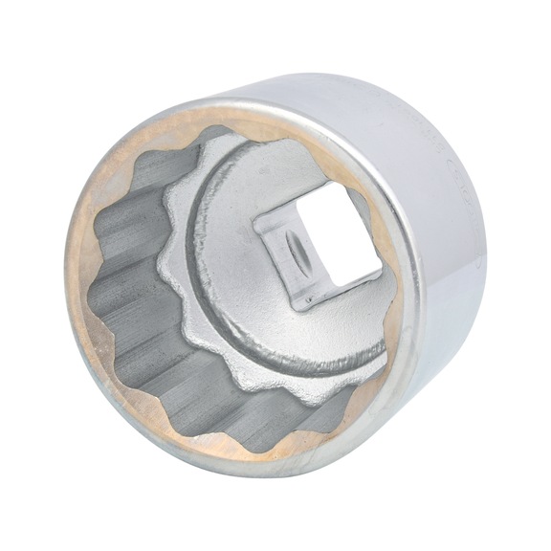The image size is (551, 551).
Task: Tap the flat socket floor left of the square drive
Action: [225, 249]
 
